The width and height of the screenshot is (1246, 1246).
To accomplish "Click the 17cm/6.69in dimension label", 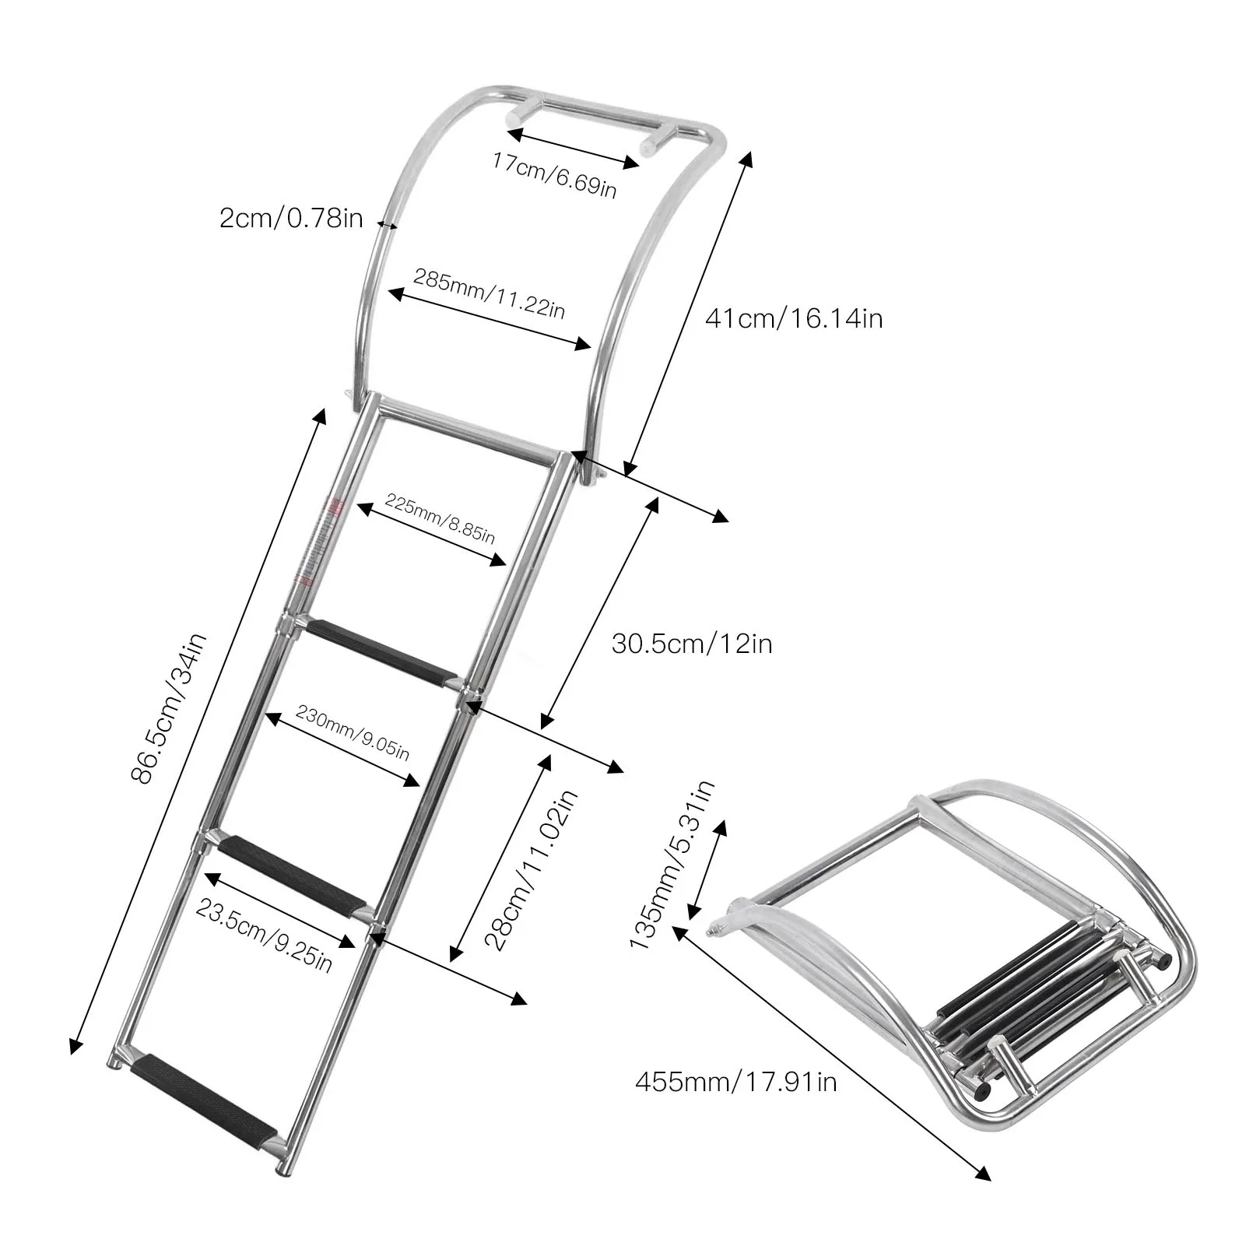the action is coord(554,174).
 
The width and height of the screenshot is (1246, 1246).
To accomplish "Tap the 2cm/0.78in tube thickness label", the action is coord(291,218).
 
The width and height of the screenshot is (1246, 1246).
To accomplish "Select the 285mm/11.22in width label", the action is coord(489,293).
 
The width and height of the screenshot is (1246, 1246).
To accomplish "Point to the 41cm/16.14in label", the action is coord(793,318).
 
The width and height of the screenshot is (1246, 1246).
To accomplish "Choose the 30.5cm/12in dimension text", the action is coord(691,644).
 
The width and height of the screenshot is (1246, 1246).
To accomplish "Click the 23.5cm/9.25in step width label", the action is coord(265,933).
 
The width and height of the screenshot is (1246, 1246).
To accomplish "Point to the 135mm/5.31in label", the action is coord(672,865).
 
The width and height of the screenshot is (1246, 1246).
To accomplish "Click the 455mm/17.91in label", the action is coord(735,1082).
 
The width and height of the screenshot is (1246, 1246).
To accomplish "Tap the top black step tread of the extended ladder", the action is coord(381,648).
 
